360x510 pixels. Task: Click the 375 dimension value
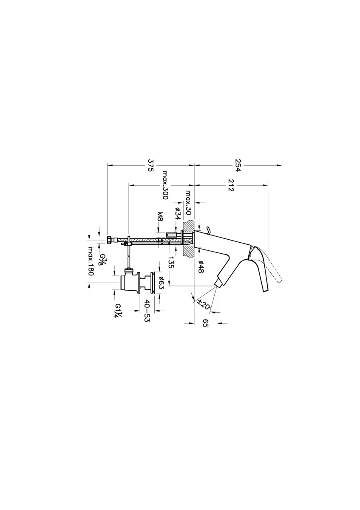click(x=150, y=165)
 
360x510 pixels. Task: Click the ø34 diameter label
click(x=178, y=213)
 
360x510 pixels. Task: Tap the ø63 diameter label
click(x=162, y=283)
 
